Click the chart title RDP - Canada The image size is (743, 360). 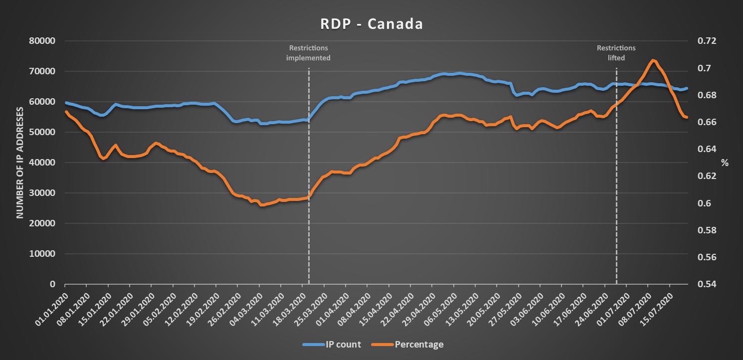tap(371, 24)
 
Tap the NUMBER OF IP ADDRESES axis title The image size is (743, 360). tap(20, 162)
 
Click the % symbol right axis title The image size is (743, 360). tap(725, 163)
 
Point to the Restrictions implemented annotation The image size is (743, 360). tap(309, 53)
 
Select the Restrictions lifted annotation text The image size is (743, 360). tap(616, 53)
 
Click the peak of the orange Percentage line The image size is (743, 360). tap(653, 60)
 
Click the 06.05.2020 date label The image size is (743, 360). tap(440, 304)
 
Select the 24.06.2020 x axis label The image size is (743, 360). tap(591, 304)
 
